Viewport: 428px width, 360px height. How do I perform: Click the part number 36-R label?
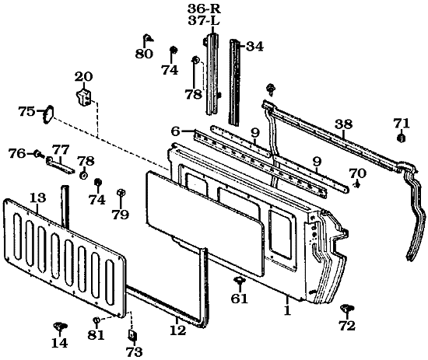[x=204, y=9]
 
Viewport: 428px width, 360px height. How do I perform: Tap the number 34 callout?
[x=254, y=47]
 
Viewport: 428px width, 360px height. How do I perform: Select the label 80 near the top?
[x=144, y=54]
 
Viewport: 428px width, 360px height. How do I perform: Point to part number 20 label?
[x=83, y=77]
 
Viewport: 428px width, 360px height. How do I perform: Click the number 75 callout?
[x=26, y=111]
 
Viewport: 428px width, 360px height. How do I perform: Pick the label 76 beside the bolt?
[x=17, y=153]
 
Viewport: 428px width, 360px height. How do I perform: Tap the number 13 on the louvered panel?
[x=37, y=197]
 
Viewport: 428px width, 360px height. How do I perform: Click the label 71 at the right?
[x=402, y=124]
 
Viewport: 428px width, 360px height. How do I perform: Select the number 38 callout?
[x=344, y=124]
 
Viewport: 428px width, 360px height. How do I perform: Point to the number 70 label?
[x=358, y=173]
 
